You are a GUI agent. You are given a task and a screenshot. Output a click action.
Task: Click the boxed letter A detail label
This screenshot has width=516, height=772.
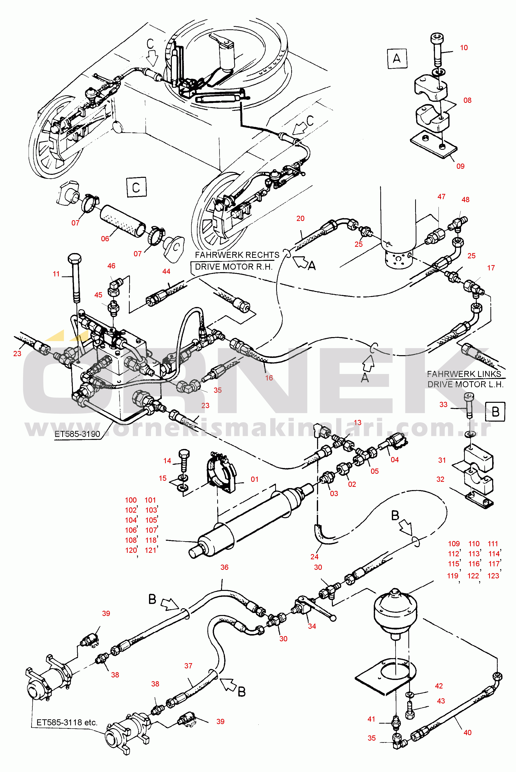click(397, 58)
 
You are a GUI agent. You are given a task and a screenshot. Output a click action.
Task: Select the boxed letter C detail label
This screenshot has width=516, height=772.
click(136, 187)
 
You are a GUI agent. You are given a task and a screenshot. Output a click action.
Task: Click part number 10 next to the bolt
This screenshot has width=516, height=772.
click(464, 48)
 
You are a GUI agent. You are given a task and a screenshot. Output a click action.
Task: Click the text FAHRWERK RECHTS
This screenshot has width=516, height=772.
click(237, 255)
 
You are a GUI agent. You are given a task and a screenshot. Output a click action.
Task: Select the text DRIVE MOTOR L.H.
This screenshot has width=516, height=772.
click(465, 384)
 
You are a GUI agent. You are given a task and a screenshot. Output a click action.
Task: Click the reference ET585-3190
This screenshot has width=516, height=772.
click(77, 434)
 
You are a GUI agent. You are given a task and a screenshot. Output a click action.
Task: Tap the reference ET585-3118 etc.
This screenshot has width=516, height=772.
click(67, 722)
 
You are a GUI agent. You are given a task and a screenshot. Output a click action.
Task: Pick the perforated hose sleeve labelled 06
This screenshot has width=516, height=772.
click(122, 221)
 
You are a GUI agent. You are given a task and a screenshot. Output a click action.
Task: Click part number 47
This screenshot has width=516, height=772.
click(441, 197)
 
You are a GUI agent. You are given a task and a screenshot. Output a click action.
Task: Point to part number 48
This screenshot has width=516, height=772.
click(465, 200)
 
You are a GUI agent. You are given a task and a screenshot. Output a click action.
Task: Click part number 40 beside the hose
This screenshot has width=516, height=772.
click(467, 733)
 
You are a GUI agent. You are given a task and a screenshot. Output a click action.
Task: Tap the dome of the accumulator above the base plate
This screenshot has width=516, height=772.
click(395, 605)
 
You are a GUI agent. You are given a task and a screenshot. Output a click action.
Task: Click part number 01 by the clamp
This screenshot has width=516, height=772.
click(254, 479)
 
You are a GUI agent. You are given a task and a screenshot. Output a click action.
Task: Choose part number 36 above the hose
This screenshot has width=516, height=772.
click(225, 567)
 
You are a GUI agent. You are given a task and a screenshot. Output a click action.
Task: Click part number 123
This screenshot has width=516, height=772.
click(493, 576)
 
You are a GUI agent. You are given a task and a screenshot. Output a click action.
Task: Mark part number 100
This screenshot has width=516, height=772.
click(131, 500)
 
